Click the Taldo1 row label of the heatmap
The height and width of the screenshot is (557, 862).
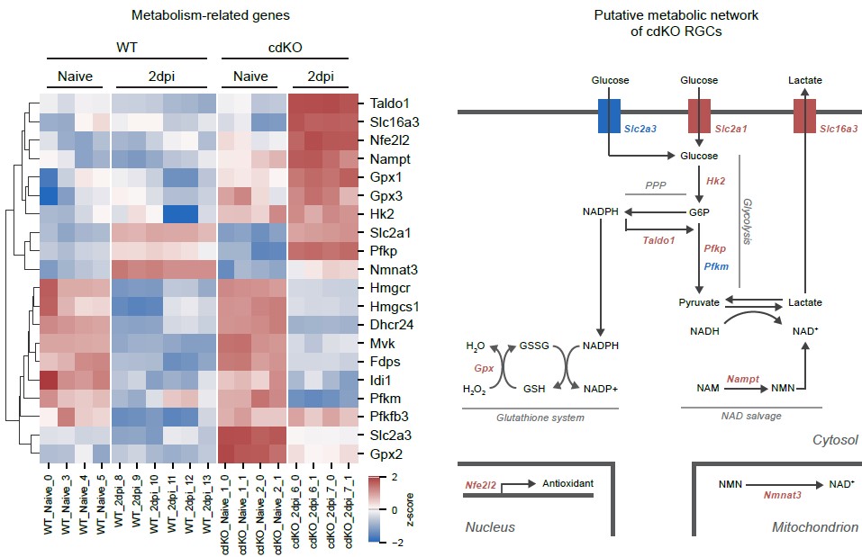pyautogui.click(x=388, y=103)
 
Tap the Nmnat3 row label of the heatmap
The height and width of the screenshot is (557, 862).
pyautogui.click(x=392, y=268)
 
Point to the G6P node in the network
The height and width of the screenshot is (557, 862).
pyautogui.click(x=699, y=212)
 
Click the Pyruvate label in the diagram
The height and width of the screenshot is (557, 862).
pyautogui.click(x=699, y=303)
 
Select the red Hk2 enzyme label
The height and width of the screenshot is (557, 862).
pyautogui.click(x=716, y=182)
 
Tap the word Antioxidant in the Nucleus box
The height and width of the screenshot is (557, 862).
pyautogui.click(x=568, y=483)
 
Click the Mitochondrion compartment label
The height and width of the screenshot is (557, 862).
pyautogui.click(x=814, y=527)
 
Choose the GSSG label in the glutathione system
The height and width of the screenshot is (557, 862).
pyautogui.click(x=533, y=345)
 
